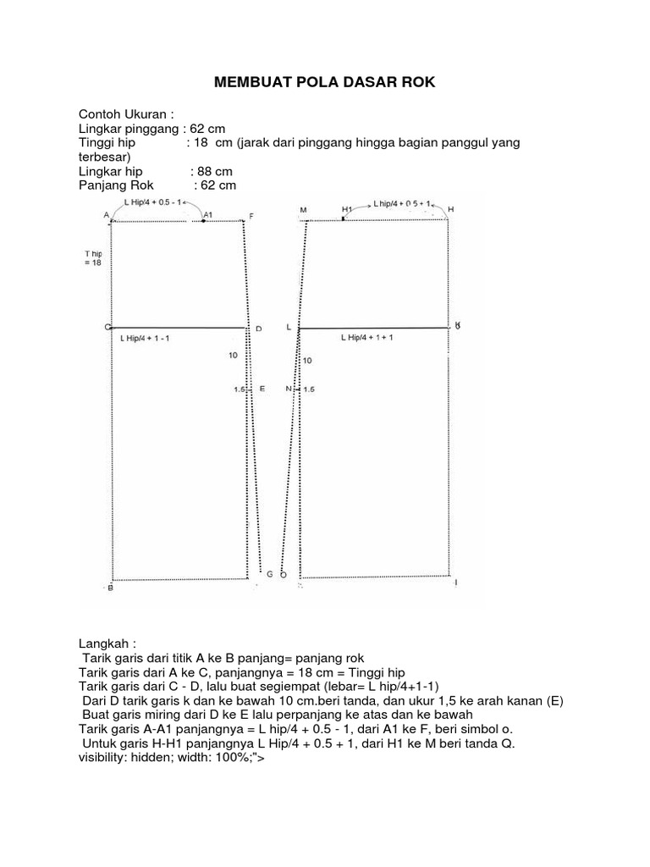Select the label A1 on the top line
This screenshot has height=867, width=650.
(x=207, y=216)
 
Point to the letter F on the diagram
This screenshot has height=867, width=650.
(x=251, y=217)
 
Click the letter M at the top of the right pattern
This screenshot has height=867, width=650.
(x=302, y=209)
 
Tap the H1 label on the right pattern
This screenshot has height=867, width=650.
(x=347, y=208)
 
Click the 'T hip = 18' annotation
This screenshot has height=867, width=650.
(x=93, y=258)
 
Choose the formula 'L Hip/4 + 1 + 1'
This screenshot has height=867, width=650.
(x=367, y=337)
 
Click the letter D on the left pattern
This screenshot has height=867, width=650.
(x=259, y=329)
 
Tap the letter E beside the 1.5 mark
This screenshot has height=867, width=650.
(x=262, y=389)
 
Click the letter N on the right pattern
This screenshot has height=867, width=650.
(x=289, y=389)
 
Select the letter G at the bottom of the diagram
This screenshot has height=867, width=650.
(x=270, y=574)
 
